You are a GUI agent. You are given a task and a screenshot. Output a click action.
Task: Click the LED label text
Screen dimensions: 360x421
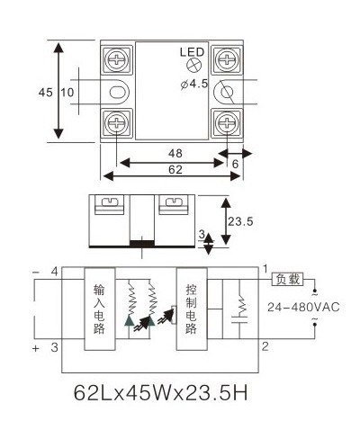(x=192, y=52)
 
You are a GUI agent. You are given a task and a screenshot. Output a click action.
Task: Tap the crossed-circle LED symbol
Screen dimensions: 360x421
(x=193, y=65)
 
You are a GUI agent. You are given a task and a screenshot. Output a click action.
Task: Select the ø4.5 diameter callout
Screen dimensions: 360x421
(x=194, y=84)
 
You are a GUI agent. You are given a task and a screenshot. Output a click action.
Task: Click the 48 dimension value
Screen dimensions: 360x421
(x=175, y=153)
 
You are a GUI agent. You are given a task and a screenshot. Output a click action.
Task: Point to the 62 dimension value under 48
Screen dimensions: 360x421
(x=175, y=170)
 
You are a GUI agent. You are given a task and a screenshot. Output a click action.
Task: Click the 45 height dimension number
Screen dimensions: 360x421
(x=45, y=93)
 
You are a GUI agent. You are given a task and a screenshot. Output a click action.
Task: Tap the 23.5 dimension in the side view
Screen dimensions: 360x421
(x=240, y=221)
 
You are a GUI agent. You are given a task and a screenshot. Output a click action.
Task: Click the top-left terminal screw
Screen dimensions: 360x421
(x=116, y=59)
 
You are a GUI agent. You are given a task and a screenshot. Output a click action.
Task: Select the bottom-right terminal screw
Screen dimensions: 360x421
(x=227, y=123)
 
